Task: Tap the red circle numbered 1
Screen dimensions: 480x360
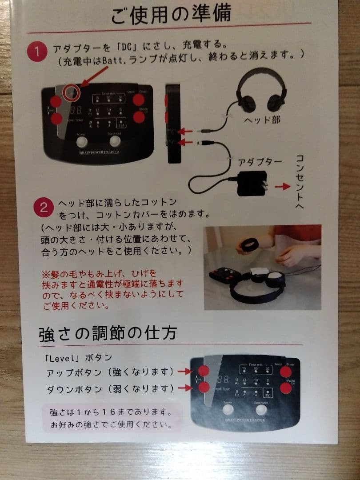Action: (x=37, y=51)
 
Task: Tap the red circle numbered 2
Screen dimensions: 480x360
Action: (x=44, y=208)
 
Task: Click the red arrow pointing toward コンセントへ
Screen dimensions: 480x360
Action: (x=282, y=186)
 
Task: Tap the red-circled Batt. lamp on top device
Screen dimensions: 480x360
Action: (x=71, y=93)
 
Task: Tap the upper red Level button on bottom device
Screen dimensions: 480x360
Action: (x=204, y=371)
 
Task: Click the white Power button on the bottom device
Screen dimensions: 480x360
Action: (x=228, y=409)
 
